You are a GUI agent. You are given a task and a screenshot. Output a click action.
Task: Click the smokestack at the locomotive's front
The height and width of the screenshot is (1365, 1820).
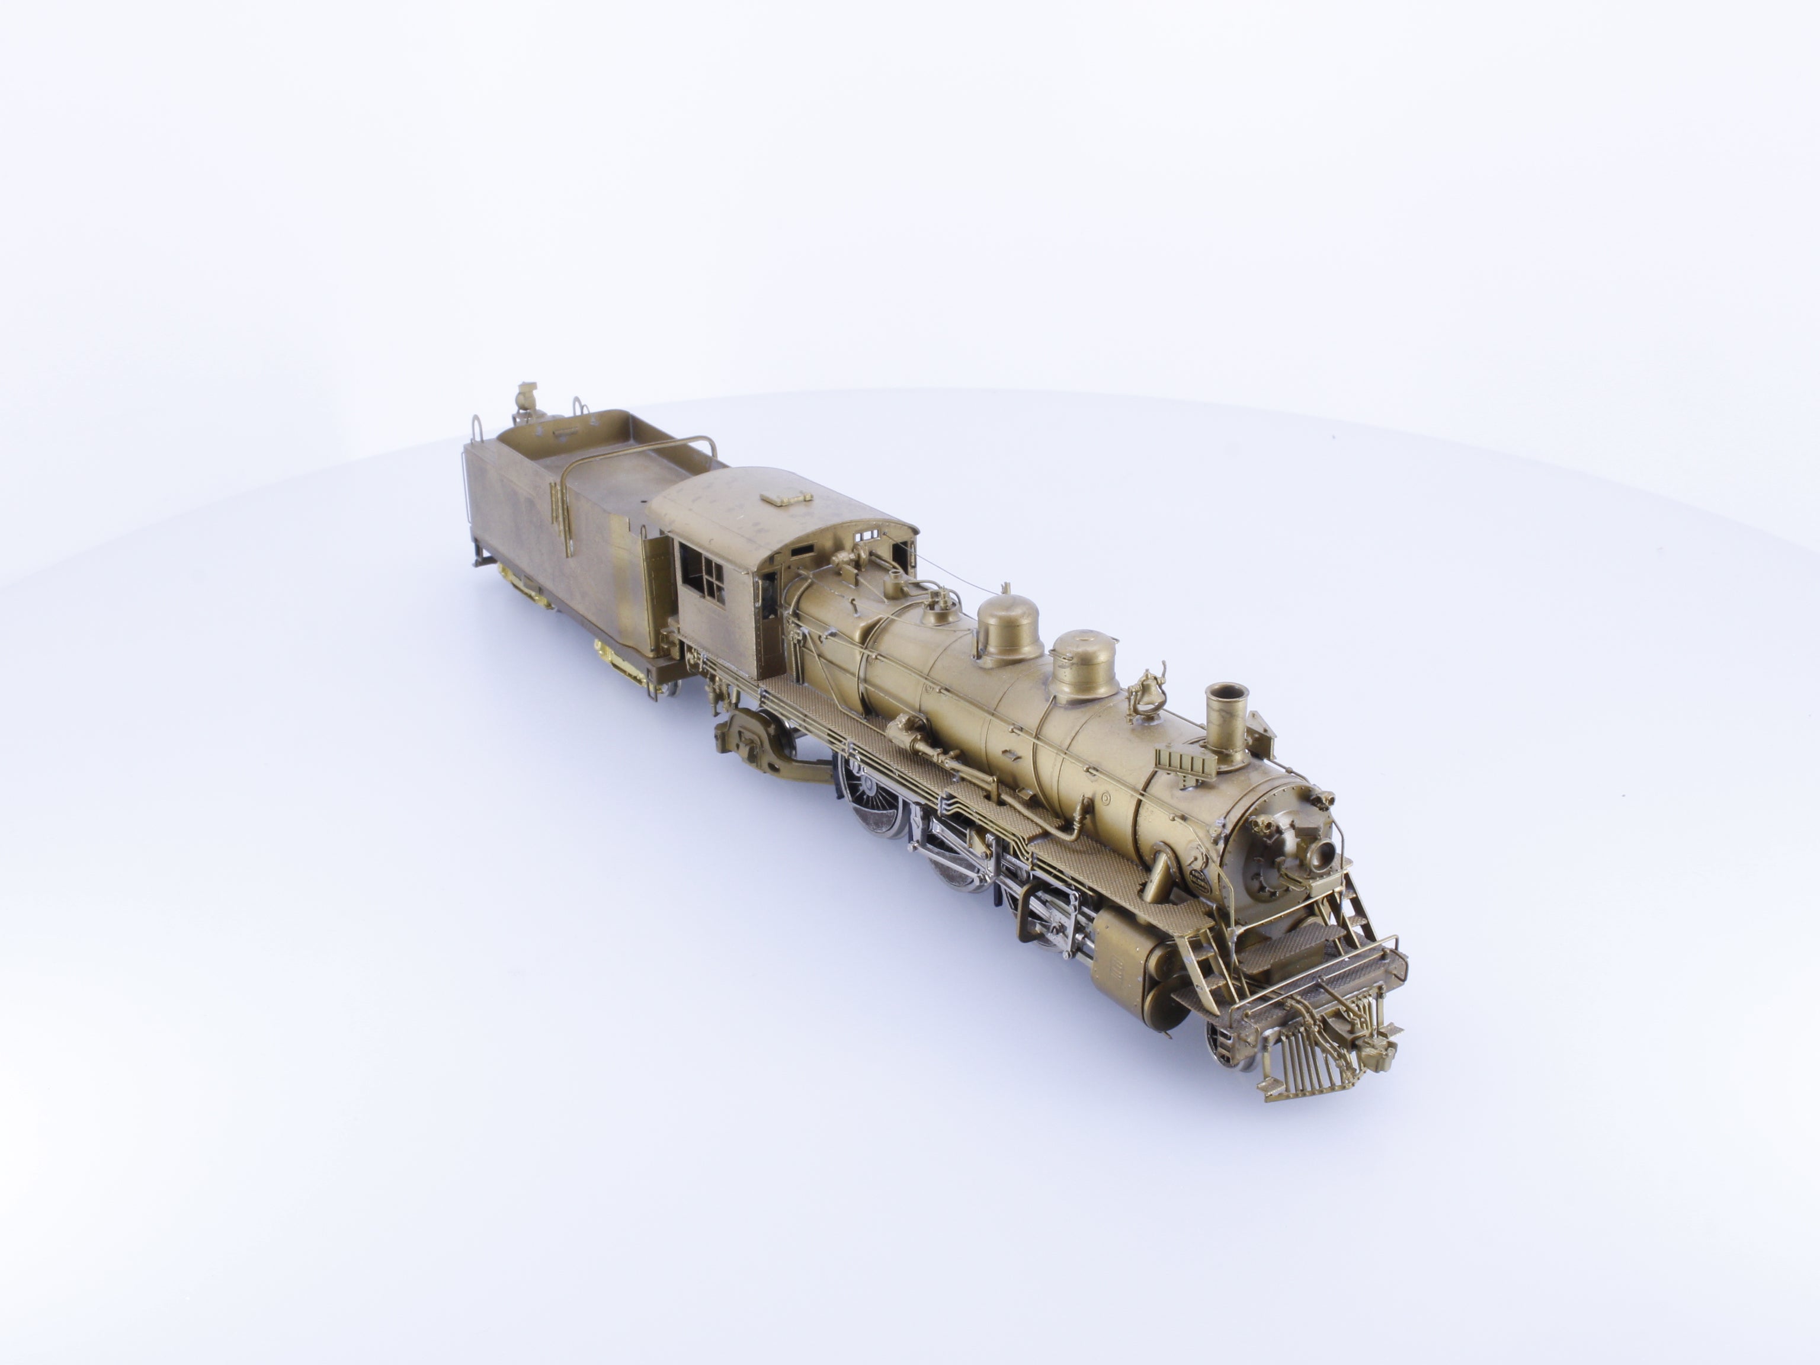pos(1226,723)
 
